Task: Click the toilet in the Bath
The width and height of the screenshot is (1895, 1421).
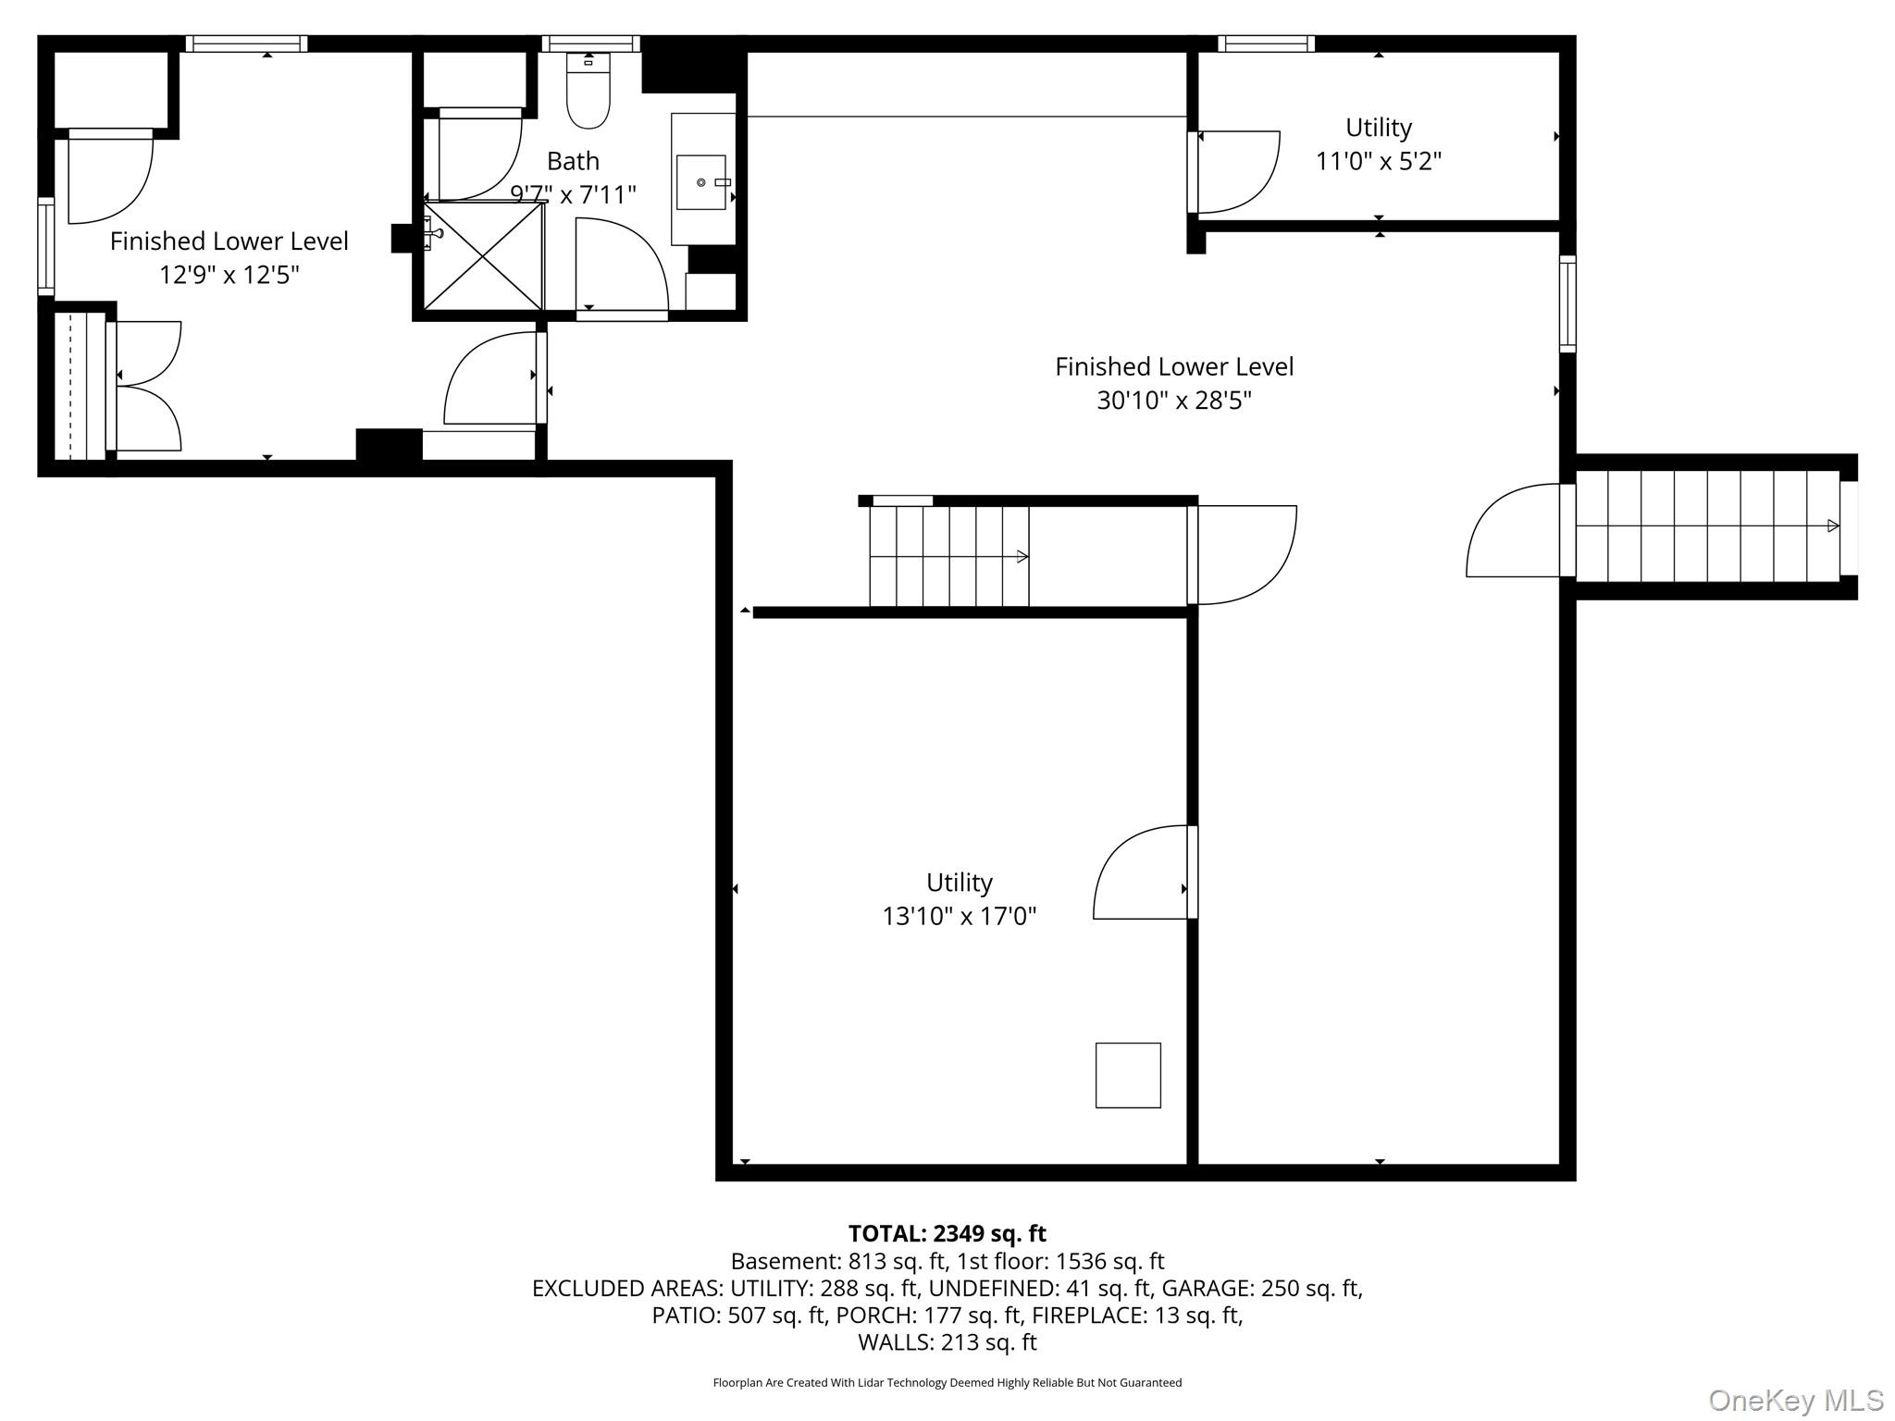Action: point(588,98)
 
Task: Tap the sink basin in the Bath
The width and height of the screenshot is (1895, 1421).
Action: point(701,182)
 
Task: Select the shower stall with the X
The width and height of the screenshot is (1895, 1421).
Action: point(483,256)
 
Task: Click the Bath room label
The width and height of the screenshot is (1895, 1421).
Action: point(573,161)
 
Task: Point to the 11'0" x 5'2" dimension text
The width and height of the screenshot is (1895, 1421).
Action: point(1378,161)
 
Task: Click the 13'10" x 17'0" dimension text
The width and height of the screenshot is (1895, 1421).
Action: point(959,916)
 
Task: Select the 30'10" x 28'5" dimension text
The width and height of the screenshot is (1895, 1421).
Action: point(1173,401)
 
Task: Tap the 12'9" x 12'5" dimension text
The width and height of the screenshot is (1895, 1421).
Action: point(229,275)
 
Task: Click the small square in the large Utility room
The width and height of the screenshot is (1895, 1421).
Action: point(1127,1075)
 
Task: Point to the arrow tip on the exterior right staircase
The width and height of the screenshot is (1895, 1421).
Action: point(1833,525)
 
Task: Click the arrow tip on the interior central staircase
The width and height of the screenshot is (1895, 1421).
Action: point(1022,556)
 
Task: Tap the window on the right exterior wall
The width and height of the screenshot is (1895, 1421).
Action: point(1567,303)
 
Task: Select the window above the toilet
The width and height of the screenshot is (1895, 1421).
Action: point(590,43)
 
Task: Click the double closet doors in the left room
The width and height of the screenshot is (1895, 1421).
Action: point(146,386)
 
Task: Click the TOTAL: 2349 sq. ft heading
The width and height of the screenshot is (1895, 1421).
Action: point(947,1233)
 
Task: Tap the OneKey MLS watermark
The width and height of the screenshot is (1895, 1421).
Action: point(1795,1400)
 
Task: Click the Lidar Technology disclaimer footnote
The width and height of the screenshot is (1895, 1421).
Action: point(947,1382)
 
